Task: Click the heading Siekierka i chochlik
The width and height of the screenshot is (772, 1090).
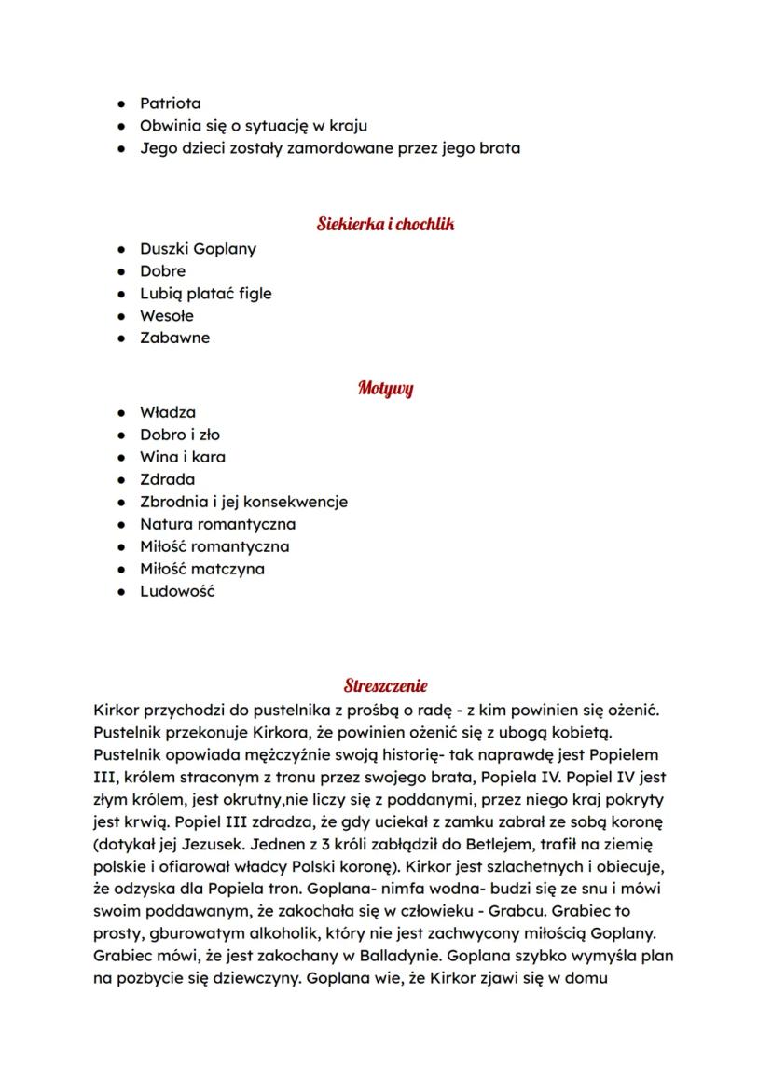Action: (385, 224)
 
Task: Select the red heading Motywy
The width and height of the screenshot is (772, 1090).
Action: (385, 388)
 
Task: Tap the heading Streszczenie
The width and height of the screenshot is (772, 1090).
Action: (385, 686)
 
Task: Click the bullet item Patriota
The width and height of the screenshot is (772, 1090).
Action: (170, 103)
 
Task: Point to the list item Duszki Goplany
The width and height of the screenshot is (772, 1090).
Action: (198, 249)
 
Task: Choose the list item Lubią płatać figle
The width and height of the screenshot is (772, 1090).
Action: (205, 294)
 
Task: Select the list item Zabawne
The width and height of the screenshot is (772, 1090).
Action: (174, 338)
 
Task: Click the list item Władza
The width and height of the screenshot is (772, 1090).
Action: (168, 412)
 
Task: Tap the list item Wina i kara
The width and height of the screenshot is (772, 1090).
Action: (183, 457)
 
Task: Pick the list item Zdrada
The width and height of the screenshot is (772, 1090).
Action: (168, 479)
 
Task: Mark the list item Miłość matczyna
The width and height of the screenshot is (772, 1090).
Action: (201, 569)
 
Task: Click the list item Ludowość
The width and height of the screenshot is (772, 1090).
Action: (177, 591)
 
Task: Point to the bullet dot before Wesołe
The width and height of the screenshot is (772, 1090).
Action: (121, 316)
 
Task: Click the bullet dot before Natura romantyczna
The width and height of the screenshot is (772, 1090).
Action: (121, 524)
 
